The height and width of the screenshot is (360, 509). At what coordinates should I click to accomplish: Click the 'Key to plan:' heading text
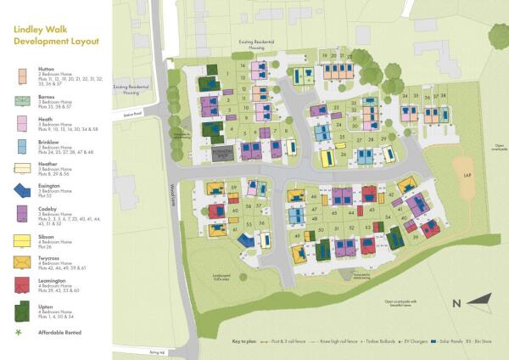247,340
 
